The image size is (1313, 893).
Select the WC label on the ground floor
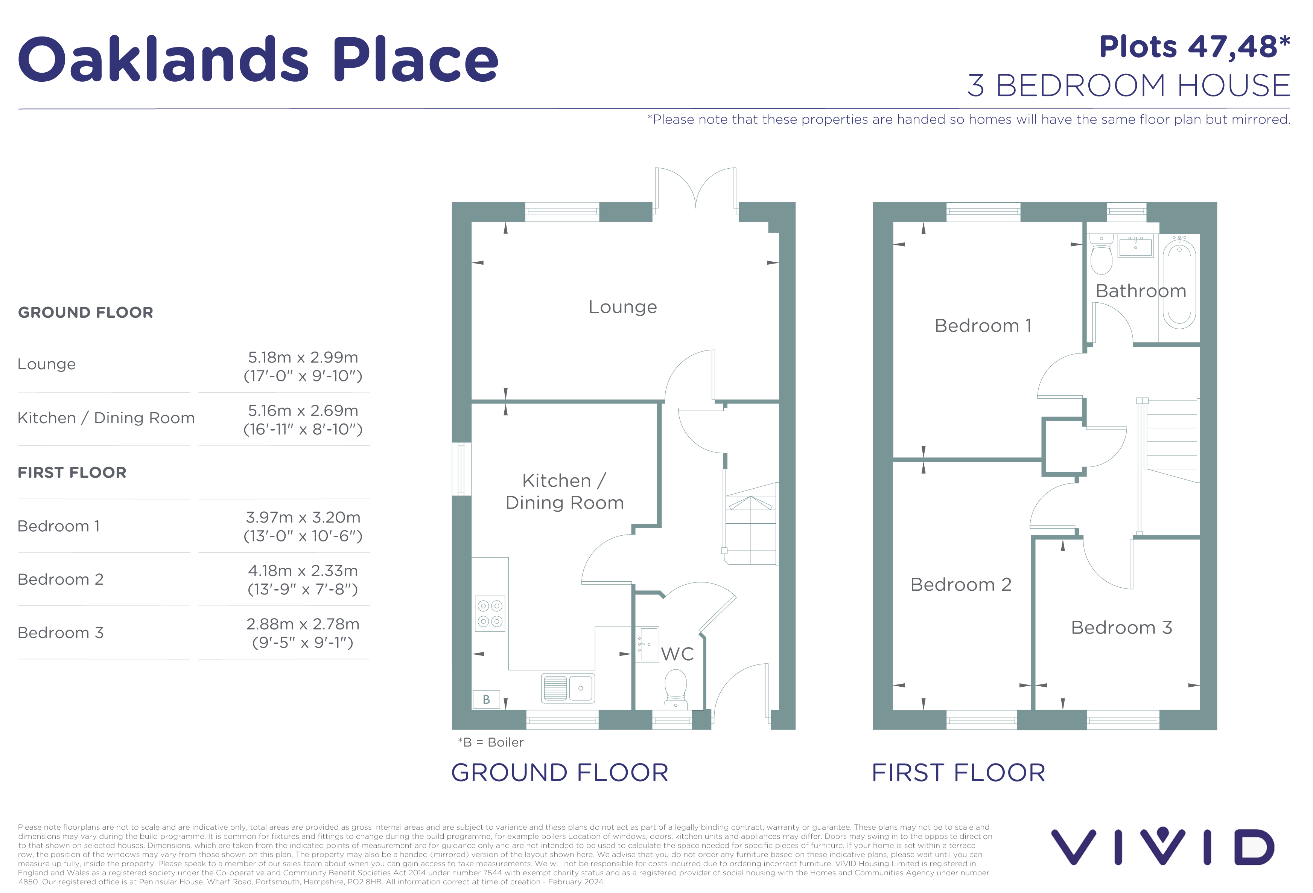(677, 654)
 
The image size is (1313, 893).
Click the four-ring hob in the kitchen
(490, 613)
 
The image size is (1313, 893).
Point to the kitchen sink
(568, 688)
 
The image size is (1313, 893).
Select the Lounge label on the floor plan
(622, 307)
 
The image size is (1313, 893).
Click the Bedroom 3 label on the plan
(1121, 627)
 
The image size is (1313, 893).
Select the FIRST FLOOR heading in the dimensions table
(72, 472)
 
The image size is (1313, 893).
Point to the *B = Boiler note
(490, 742)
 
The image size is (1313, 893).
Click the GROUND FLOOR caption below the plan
(559, 773)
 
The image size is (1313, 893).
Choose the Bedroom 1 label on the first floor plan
(983, 326)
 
